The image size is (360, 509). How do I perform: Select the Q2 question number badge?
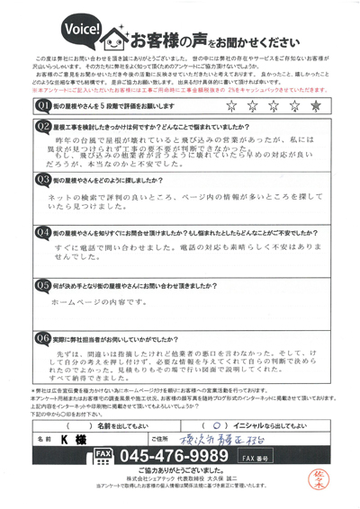coord(41,128)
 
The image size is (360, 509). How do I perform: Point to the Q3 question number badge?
coord(41,205)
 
